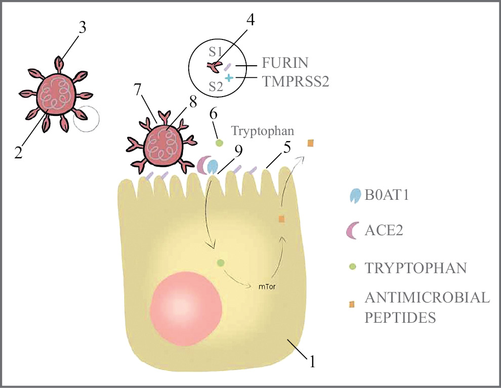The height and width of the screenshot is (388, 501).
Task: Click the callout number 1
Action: click(x=312, y=361)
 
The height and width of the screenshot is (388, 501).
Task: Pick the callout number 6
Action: click(x=213, y=114)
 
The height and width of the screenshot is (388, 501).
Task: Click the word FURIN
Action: click(x=285, y=63)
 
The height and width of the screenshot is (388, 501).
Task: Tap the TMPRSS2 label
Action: click(x=296, y=81)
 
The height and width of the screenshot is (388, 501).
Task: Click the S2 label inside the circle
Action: click(x=216, y=87)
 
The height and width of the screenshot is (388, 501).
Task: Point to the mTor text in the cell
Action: click(x=267, y=287)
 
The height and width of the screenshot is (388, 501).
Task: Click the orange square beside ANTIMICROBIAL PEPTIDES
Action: click(x=352, y=305)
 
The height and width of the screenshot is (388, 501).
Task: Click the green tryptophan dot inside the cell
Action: click(x=220, y=263)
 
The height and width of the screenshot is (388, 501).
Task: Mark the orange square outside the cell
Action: click(x=310, y=144)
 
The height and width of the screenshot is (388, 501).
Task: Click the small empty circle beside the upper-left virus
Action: click(x=86, y=119)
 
